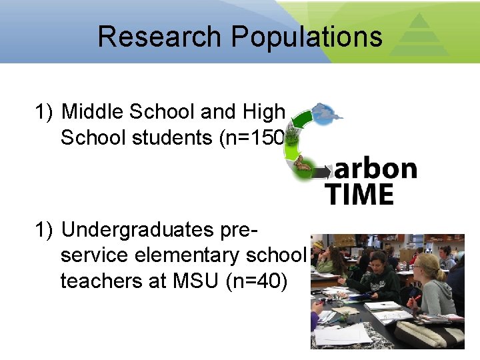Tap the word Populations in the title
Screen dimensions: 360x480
click(x=307, y=37)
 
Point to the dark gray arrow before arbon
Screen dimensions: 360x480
click(x=323, y=172)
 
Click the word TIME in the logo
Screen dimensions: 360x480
click(x=360, y=194)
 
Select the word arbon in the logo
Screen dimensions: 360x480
click(x=375, y=169)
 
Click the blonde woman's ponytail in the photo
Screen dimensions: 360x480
click(x=439, y=274)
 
